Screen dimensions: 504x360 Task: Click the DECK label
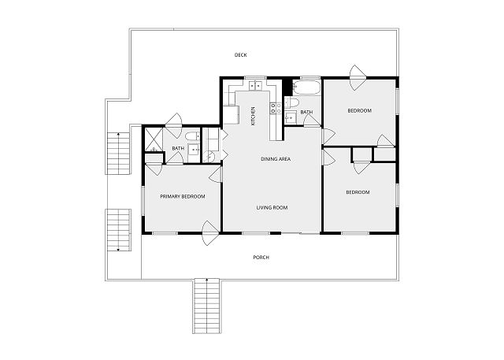[240, 55]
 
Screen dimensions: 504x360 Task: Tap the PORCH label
[261, 258]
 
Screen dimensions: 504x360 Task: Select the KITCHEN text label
[253, 116]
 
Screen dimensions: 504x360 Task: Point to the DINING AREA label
[276, 159]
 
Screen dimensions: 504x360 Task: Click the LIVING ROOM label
[272, 208]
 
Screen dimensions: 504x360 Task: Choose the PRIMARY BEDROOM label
[183, 196]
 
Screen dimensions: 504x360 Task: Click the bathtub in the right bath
[306, 87]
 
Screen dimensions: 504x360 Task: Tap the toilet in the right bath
[292, 103]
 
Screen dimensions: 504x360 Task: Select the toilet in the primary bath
[192, 136]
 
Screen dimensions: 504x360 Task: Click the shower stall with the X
[154, 139]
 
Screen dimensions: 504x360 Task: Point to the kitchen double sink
[255, 86]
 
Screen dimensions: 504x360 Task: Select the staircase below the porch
[206, 306]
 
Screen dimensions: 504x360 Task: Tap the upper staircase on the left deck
[118, 154]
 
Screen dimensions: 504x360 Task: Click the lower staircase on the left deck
[118, 230]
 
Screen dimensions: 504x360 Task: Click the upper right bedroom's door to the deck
[358, 77]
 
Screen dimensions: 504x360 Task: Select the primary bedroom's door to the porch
[210, 233]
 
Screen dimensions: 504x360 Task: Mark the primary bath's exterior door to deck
[174, 125]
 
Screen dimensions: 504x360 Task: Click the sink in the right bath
[291, 117]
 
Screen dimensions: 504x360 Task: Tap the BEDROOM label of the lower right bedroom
[358, 192]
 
